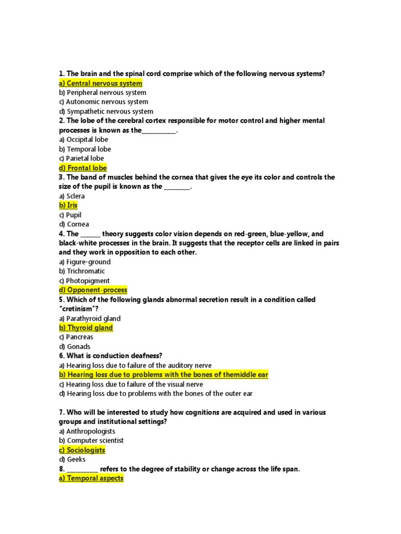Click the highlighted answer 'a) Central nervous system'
click(100, 83)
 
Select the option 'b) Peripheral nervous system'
click(102, 93)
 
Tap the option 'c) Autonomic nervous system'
click(103, 102)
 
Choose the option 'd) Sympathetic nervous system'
click(106, 112)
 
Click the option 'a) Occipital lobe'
click(84, 140)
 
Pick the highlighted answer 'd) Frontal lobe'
click(82, 168)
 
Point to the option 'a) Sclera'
click(72, 196)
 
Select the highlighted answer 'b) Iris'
click(68, 205)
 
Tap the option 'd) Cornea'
click(74, 224)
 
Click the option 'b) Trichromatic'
click(82, 271)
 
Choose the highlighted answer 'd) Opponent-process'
click(93, 290)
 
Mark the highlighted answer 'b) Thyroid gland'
click(86, 327)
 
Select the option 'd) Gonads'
click(75, 346)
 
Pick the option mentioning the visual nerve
click(131, 384)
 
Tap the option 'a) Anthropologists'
click(87, 431)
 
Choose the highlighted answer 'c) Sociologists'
click(82, 450)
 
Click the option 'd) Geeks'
click(72, 459)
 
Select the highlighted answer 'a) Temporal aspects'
click(91, 478)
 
